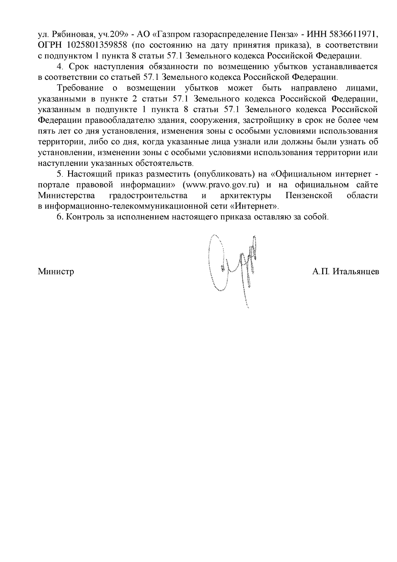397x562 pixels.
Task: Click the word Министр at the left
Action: (x=56, y=272)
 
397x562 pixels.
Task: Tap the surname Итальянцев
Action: (x=356, y=272)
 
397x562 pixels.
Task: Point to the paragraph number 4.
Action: (x=60, y=67)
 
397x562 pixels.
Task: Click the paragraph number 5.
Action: (x=60, y=174)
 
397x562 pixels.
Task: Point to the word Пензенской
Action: (x=309, y=195)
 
